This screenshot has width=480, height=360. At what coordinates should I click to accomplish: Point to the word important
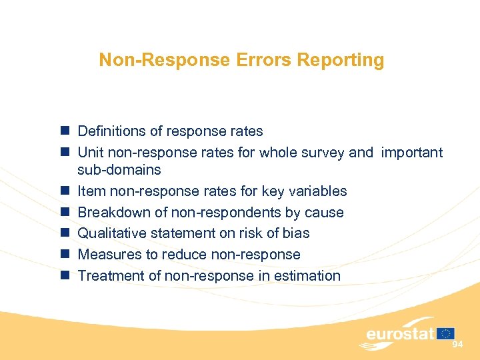(x=411, y=153)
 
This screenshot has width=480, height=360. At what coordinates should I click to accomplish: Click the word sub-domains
(x=119, y=170)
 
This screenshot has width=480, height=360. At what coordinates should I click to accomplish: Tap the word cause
(x=325, y=213)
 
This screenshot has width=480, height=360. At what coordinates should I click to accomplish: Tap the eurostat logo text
(x=400, y=333)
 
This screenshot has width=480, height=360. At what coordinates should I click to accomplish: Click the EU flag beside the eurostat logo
(x=446, y=333)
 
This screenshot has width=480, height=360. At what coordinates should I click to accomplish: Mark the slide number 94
(x=457, y=344)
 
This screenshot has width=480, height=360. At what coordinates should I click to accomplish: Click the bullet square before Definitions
(x=64, y=131)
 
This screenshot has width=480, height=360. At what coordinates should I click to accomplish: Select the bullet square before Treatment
(x=64, y=276)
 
